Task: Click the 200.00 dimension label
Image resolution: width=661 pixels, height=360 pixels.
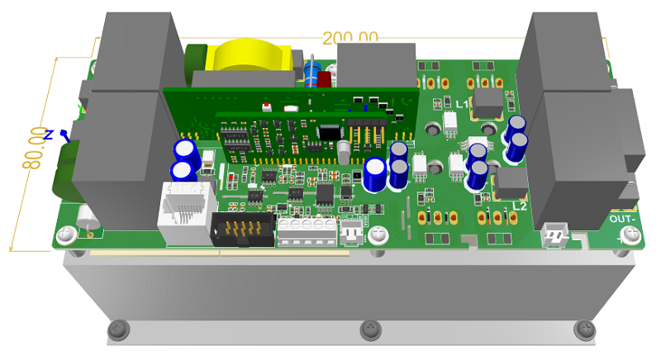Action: coord(350,37)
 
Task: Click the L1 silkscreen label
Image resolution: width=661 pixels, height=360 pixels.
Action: coord(463,103)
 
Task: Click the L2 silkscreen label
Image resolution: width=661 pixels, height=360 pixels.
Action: coord(520,205)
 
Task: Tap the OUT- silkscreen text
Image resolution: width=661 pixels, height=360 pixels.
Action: coord(623,220)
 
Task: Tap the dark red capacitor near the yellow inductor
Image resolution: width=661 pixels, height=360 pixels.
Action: coord(324,79)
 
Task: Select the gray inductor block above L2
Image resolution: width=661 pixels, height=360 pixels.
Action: coord(511,182)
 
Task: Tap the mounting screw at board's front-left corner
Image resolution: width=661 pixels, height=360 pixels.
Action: coord(64,237)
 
